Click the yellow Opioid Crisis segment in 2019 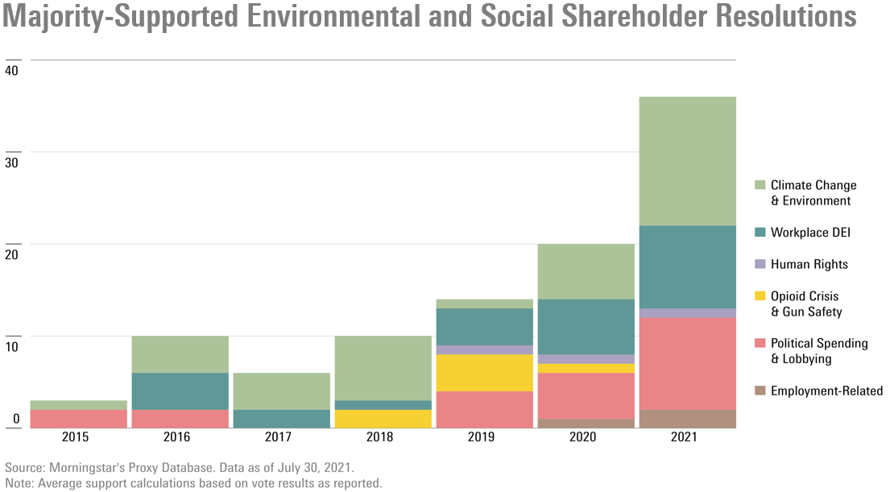click(483, 373)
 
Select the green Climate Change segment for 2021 click(686, 161)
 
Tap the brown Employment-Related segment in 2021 click(686, 419)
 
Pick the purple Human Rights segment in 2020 click(585, 359)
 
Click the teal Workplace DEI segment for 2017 click(281, 419)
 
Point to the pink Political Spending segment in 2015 click(78, 419)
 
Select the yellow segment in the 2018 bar click(382, 419)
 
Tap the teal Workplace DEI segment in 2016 click(180, 391)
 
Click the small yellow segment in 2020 click(585, 368)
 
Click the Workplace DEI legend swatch click(760, 233)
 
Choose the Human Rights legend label click(809, 264)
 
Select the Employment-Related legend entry click(826, 391)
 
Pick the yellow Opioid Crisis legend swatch click(760, 296)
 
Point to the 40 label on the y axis click(11, 70)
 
